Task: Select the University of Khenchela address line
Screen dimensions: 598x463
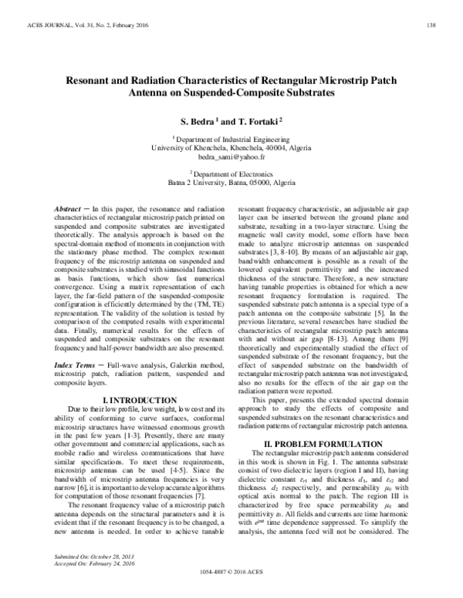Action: pyautogui.click(x=231, y=146)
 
